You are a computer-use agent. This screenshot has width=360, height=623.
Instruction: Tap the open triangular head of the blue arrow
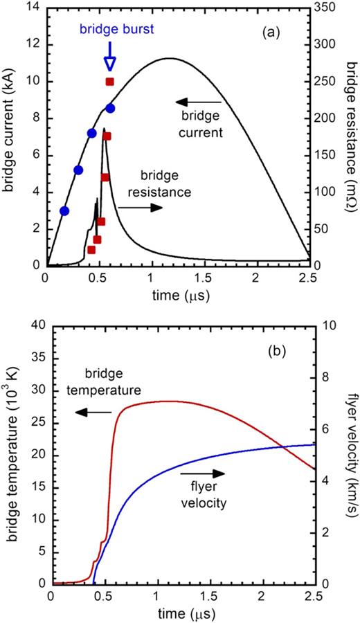[x=109, y=63]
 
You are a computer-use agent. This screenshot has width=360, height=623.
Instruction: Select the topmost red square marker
[x=109, y=82]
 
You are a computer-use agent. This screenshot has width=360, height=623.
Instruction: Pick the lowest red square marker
[x=91, y=250]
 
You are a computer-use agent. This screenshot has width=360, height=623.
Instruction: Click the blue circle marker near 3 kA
[x=64, y=211]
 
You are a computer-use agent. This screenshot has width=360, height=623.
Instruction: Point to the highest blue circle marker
[x=110, y=108]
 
